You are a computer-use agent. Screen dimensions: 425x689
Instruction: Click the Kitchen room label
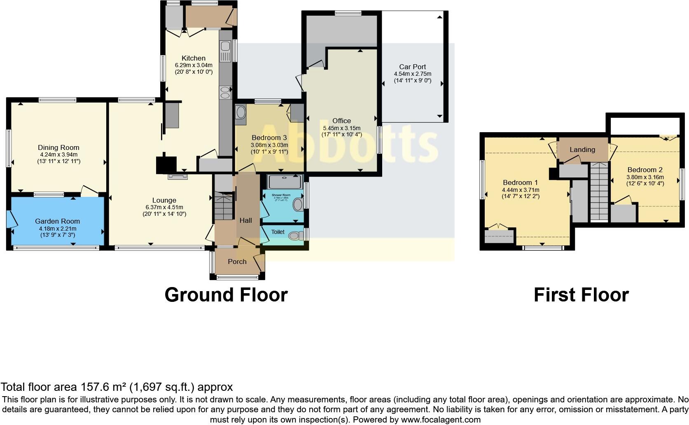(193, 58)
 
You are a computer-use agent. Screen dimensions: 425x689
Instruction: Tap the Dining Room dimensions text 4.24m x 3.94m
(58, 154)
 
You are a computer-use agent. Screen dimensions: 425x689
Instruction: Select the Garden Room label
(57, 221)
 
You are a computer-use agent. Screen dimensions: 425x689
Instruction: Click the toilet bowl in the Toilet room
(294, 236)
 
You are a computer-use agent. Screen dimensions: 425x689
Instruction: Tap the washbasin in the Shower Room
(298, 204)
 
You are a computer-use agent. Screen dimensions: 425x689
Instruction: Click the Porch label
(237, 262)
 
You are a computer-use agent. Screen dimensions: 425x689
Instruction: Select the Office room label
(341, 121)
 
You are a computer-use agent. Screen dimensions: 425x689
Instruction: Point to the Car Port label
(412, 67)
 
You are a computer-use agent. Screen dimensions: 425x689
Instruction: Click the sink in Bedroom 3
(240, 113)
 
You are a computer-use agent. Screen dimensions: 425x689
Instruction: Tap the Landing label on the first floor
(582, 149)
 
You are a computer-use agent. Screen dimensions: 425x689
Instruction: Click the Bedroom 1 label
(520, 182)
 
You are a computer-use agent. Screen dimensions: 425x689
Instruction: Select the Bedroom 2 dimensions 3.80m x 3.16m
(645, 177)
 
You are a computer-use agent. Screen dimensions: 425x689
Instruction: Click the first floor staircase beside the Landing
(599, 191)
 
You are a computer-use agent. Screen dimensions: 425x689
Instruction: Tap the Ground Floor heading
(226, 295)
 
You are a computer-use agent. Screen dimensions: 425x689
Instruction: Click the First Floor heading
(581, 295)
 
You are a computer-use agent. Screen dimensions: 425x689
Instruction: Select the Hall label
(245, 220)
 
